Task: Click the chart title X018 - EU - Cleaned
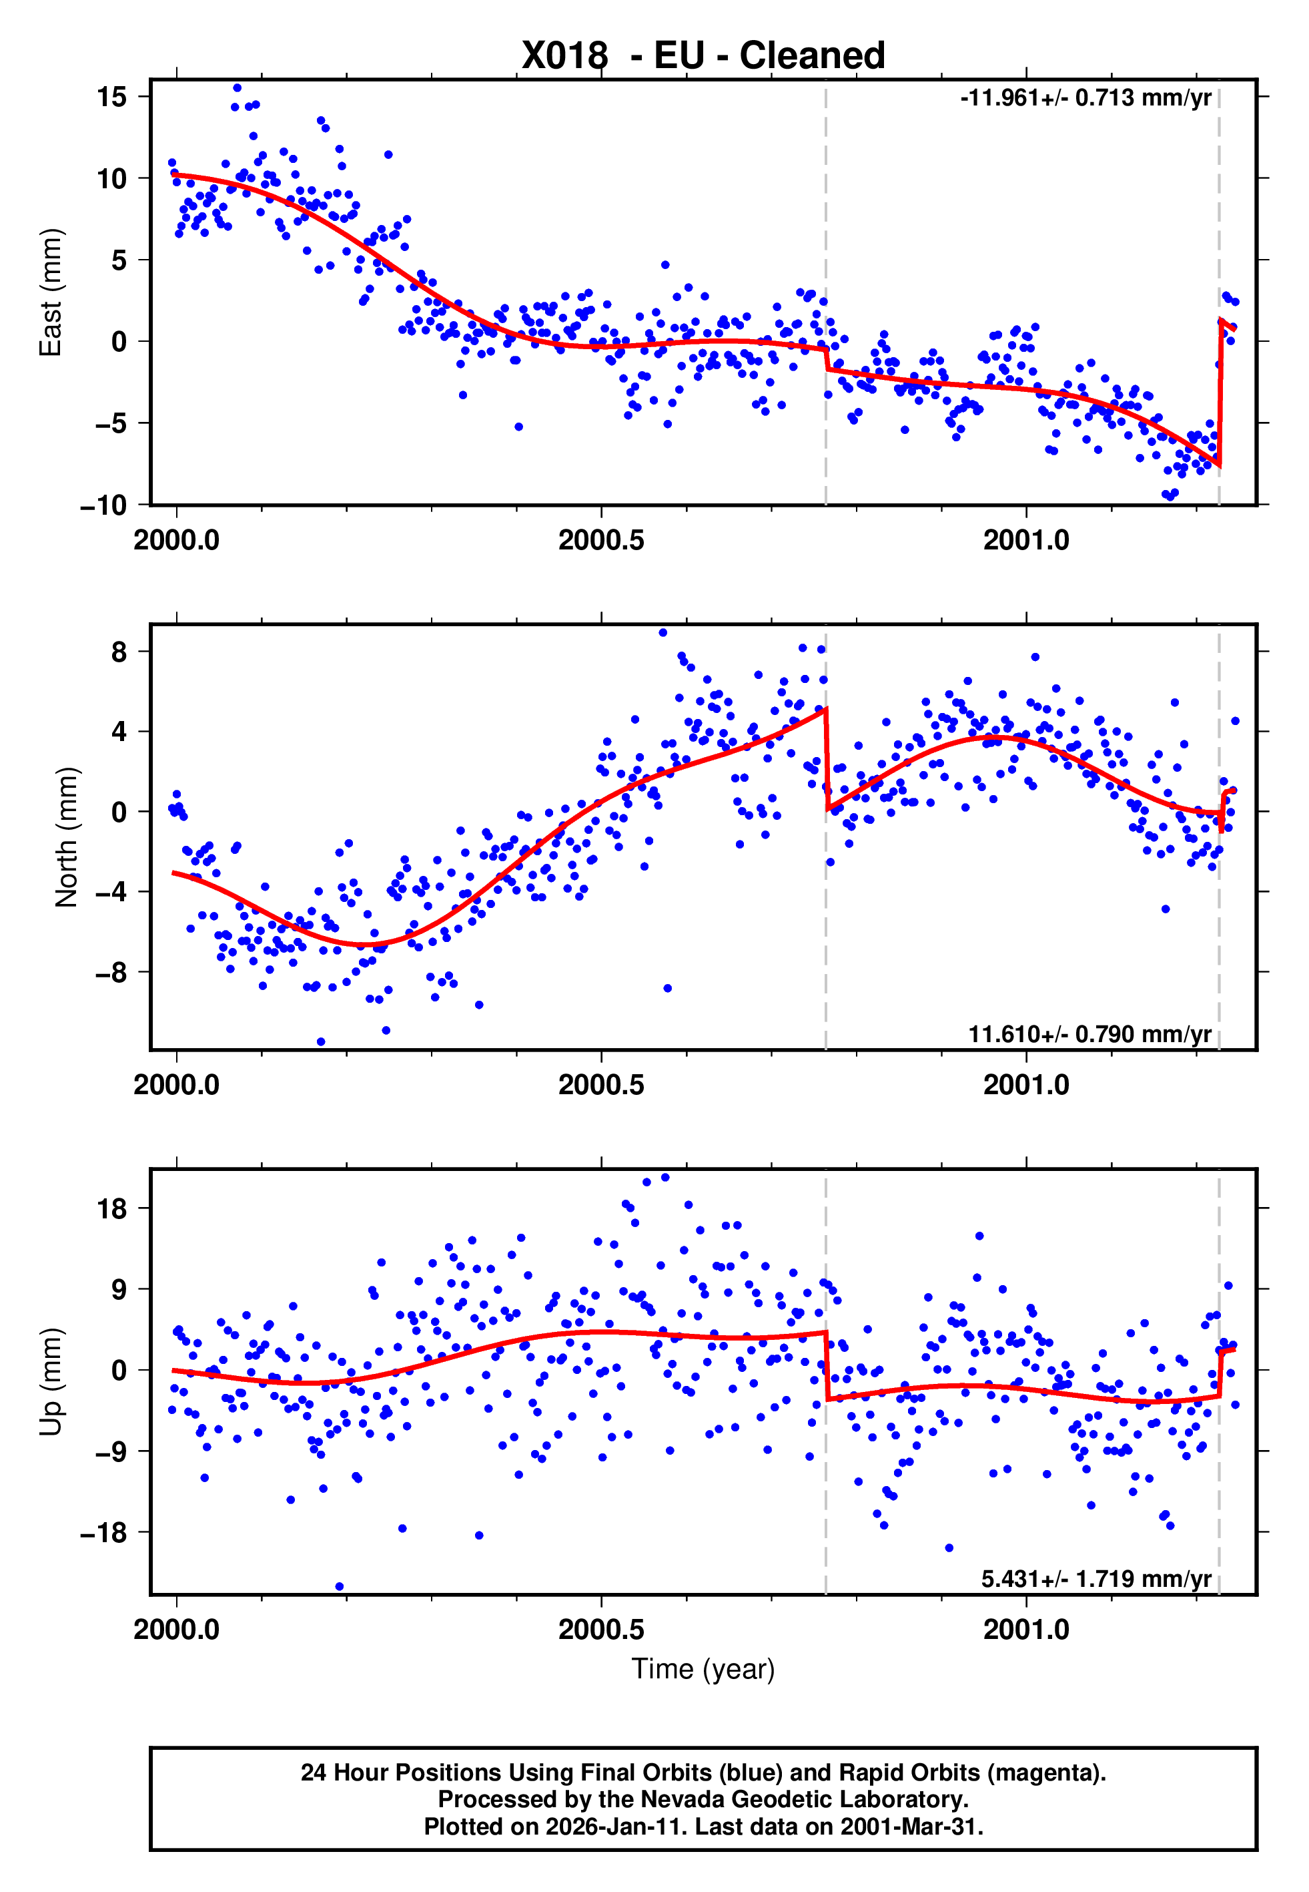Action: [x=703, y=56]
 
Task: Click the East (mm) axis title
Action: [x=51, y=292]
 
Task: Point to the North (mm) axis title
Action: [x=67, y=837]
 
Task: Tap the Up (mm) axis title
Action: [x=51, y=1382]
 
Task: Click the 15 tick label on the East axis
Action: [x=111, y=97]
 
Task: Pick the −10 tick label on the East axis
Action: [x=103, y=505]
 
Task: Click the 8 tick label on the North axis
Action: [x=119, y=652]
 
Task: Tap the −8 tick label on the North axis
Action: [x=111, y=973]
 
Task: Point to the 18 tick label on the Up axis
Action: [x=111, y=1208]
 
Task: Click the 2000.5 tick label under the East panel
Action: [x=601, y=541]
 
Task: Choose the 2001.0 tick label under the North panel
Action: [x=1026, y=1086]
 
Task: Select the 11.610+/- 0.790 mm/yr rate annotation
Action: [x=1089, y=1033]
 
